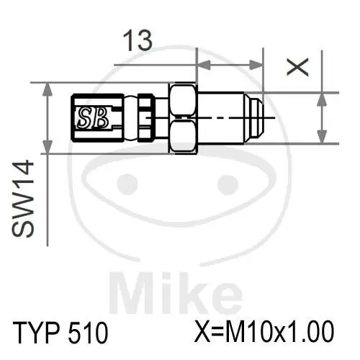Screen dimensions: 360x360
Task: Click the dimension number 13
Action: [x=137, y=41]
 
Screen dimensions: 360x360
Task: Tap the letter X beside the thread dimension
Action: [x=297, y=67]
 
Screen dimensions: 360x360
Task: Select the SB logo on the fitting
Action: [x=94, y=117]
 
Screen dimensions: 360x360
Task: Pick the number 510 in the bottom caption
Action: [x=89, y=333]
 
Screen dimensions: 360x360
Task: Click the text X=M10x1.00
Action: [x=264, y=333]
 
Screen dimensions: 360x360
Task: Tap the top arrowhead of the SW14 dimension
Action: [x=48, y=88]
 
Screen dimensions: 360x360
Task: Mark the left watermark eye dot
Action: [x=127, y=181]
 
